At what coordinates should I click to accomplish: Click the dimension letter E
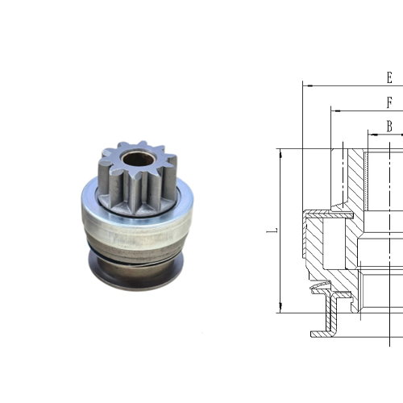coord(389,78)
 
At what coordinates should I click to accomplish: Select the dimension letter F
coord(389,103)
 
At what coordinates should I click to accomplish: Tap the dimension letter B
coord(389,126)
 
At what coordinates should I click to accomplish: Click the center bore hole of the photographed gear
coord(138,158)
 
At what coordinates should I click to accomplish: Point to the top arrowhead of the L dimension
coord(280,152)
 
